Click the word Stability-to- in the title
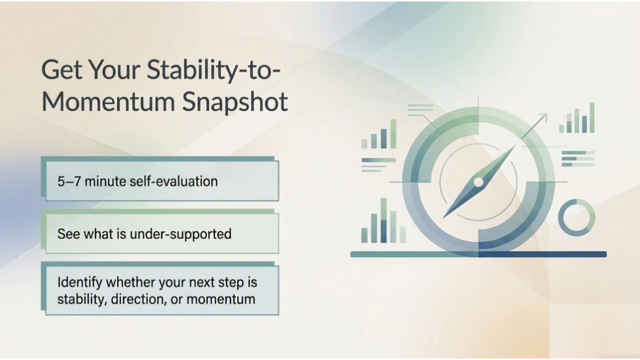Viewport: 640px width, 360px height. click(214, 70)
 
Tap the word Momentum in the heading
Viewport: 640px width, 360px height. click(108, 102)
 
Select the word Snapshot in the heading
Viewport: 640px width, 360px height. click(235, 103)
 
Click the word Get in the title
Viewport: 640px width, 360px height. click(62, 70)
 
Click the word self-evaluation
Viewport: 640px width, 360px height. click(174, 181)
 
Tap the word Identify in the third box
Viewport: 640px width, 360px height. click(80, 283)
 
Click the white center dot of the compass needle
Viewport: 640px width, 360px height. click(478, 182)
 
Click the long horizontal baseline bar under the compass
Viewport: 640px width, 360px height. click(478, 254)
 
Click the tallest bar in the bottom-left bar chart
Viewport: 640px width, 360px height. click(384, 220)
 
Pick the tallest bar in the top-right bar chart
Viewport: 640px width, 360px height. click(592, 118)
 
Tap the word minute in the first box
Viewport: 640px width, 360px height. click(105, 181)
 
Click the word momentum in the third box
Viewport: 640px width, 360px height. click(220, 299)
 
